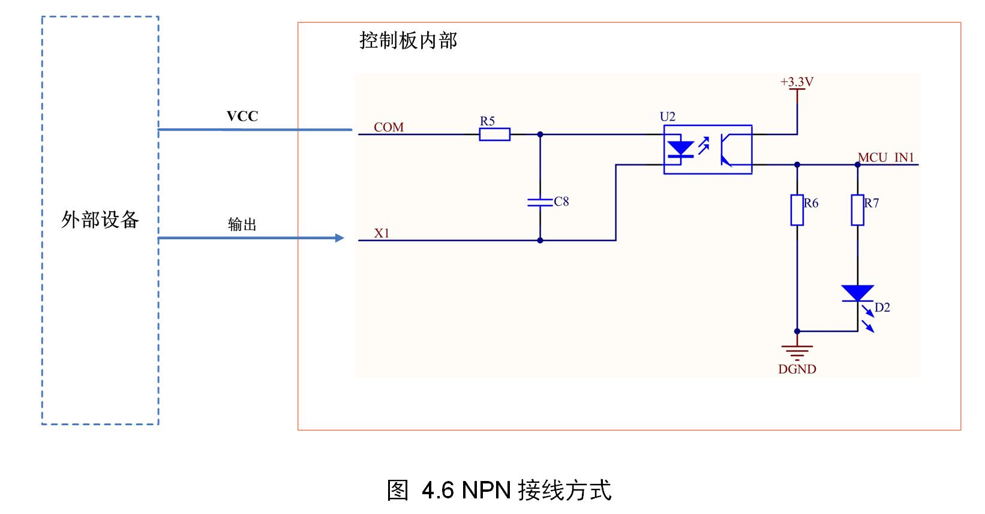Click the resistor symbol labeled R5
pos(494,134)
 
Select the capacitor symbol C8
pos(540,202)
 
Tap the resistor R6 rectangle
pos(797,210)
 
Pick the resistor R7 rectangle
pos(857,210)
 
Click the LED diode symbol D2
pos(857,293)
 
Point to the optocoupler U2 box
pos(707,149)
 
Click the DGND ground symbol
pos(797,350)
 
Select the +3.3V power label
pos(797,82)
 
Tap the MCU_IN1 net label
pos(885,157)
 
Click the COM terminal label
pos(389,127)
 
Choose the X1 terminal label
pos(382,233)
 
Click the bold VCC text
pos(242,116)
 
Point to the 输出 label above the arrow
pos(242,224)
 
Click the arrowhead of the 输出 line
pos(340,238)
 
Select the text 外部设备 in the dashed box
pos(100,220)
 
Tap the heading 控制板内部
pos(408,40)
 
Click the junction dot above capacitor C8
pos(540,134)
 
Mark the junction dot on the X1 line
pos(540,240)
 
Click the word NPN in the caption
pos(486,490)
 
